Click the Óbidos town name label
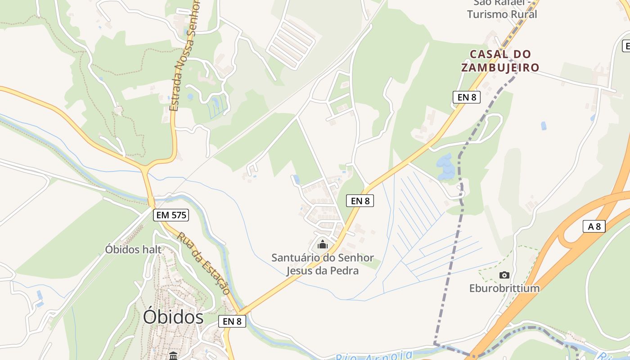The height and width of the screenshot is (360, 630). (173, 317)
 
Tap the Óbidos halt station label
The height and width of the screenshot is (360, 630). (133, 249)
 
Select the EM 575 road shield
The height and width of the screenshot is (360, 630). (171, 215)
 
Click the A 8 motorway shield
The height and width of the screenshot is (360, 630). (594, 226)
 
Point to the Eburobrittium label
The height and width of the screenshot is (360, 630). (504, 288)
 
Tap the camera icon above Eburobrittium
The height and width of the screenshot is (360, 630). (504, 275)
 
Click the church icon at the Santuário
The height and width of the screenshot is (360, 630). (322, 245)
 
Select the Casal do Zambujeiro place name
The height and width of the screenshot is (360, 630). (500, 61)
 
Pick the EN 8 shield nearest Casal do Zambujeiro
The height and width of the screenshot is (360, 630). (467, 97)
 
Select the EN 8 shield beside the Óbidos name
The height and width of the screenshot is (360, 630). (232, 321)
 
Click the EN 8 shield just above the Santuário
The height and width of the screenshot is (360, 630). (360, 201)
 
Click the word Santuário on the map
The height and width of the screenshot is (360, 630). (297, 258)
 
